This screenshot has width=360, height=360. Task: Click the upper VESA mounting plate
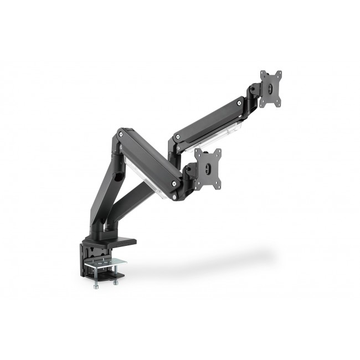coord(271,89)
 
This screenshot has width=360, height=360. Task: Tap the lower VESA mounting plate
coord(208,168)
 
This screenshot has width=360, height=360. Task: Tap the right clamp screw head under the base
coord(115,282)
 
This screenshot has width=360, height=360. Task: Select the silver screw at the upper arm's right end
coord(239,102)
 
